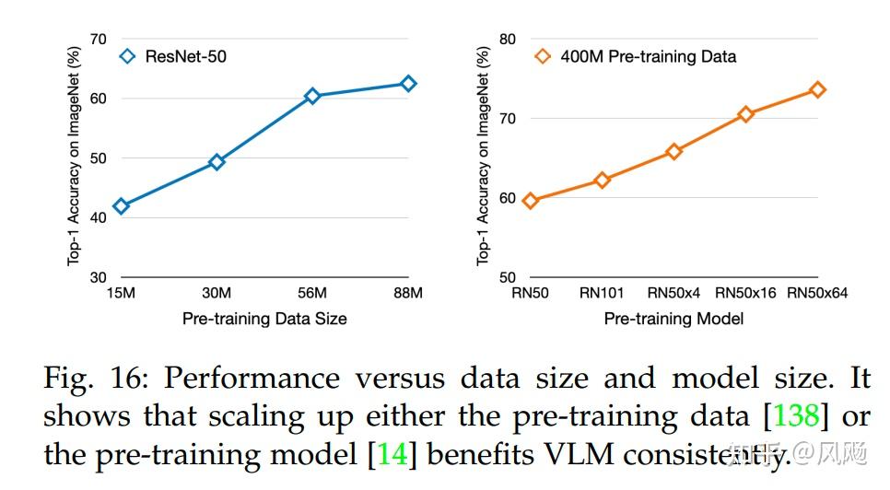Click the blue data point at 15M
point(121,205)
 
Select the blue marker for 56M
point(312,96)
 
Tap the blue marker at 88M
point(407,84)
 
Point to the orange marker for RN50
point(530,200)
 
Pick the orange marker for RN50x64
point(817,89)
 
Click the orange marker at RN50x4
point(673,152)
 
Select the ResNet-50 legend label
point(185,56)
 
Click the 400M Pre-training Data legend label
point(648,56)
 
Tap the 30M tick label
point(217,294)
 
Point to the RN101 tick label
point(602,294)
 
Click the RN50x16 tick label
point(745,294)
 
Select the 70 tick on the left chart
point(98,39)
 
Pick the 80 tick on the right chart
point(507,39)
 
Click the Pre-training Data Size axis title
point(263,319)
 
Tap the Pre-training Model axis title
point(673,319)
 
